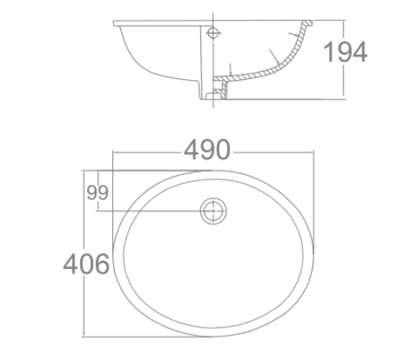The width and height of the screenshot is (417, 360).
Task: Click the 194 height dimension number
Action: pos(346,51)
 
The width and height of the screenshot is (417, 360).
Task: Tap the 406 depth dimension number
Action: pos(86,263)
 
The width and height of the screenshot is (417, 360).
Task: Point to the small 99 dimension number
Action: pos(97,191)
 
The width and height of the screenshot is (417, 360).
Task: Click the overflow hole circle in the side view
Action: pos(213,32)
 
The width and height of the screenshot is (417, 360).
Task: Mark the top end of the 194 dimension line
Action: pos(344,21)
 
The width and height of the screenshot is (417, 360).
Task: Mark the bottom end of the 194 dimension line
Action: pos(344,99)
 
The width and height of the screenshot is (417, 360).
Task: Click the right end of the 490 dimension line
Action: pos(316,150)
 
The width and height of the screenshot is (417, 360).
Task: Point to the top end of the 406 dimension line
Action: pos(85,169)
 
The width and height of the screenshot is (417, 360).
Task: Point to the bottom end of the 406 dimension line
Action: pos(85,336)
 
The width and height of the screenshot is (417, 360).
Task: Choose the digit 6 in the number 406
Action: pos(100,263)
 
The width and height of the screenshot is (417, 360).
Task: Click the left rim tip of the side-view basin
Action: pos(116,23)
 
